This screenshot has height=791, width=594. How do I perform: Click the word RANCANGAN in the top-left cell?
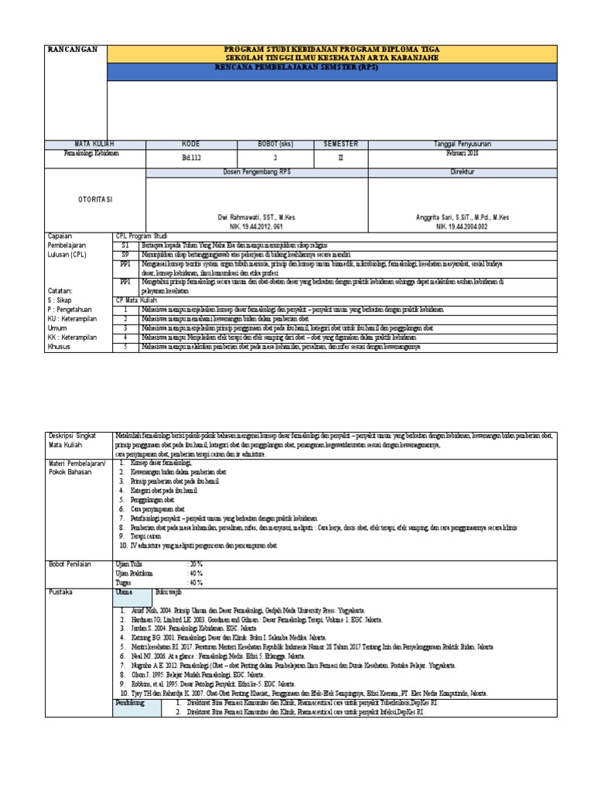point(73,49)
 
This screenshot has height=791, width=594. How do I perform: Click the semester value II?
point(340,156)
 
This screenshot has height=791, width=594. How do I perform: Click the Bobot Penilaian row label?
point(70,565)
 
